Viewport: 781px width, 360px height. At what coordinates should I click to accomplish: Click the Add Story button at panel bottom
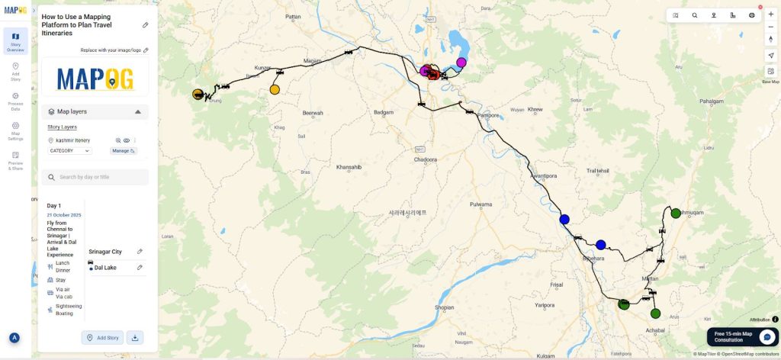point(102,337)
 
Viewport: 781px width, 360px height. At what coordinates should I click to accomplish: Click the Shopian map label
point(444,307)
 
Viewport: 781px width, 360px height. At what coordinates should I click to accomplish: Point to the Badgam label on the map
point(383,112)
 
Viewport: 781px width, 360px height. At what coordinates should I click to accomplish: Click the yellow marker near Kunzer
point(275,90)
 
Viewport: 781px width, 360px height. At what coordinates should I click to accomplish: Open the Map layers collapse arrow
point(138,111)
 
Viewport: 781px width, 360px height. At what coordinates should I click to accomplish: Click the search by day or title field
point(95,177)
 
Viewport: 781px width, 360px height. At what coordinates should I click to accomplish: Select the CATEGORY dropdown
point(69,151)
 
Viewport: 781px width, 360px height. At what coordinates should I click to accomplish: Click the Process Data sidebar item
point(15,100)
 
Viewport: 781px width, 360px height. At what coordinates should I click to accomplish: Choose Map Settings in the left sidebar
point(15,130)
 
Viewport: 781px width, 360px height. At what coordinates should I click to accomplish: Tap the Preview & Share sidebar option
point(15,160)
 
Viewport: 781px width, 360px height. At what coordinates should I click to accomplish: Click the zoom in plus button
point(770,14)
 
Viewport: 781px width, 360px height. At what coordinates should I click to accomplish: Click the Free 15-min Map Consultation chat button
point(767,336)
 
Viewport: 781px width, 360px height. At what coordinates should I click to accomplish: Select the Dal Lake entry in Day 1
point(105,268)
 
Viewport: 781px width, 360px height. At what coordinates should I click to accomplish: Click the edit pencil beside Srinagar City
point(140,252)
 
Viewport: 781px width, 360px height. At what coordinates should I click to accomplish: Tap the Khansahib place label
point(348,166)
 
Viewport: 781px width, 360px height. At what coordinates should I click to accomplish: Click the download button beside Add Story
point(134,337)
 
